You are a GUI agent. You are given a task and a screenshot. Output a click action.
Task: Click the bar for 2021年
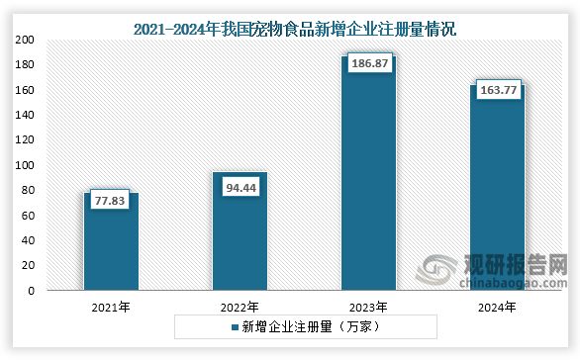(111, 242)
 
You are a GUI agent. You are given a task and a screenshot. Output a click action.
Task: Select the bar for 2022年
(240, 232)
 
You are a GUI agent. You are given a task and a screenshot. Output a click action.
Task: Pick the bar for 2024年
(497, 188)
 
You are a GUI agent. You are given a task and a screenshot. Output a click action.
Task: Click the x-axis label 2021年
(111, 307)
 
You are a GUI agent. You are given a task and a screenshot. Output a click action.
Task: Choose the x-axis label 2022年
(240, 307)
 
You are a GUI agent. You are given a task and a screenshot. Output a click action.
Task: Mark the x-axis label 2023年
(368, 307)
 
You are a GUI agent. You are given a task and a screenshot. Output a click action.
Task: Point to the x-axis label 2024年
(497, 307)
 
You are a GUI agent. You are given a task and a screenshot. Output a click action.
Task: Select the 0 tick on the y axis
(32, 291)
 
